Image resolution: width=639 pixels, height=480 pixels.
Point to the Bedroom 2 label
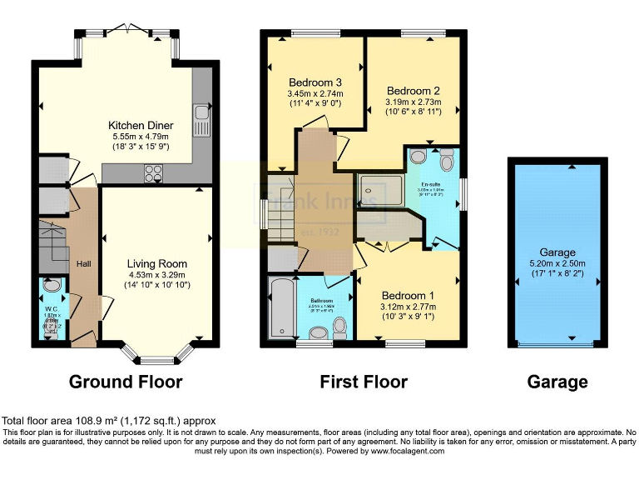pos(413,91)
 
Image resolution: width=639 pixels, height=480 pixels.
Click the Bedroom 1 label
pos(407,296)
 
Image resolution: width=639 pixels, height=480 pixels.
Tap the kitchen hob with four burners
pos(154,173)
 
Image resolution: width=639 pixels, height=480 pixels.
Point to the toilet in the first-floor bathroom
pos(318,332)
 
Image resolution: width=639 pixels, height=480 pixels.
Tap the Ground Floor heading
pos(125,382)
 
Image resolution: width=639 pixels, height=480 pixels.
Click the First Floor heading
pos(364,382)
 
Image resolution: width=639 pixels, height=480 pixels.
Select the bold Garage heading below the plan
pos(557,382)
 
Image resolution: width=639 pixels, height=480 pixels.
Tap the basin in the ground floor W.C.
pos(52,287)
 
